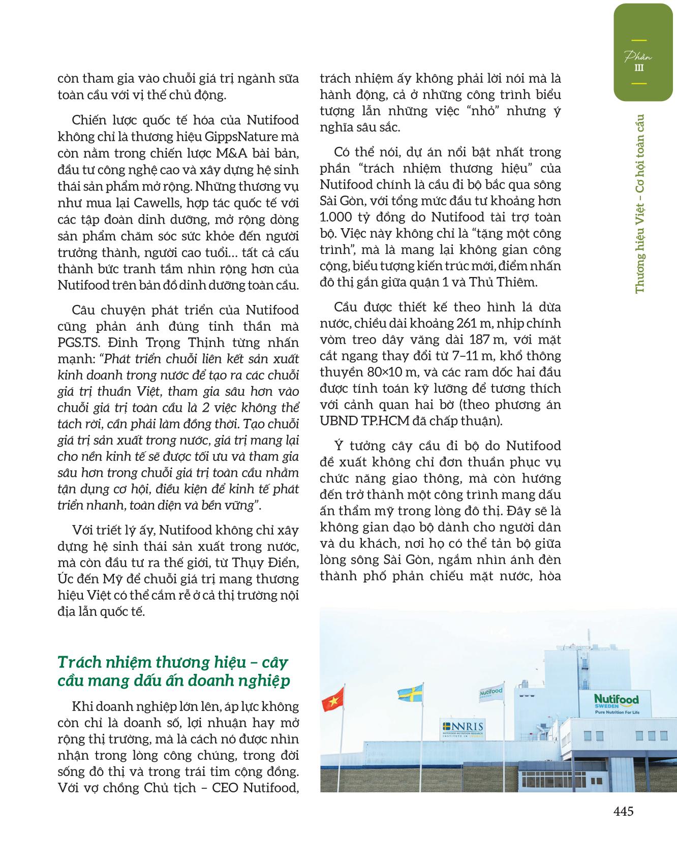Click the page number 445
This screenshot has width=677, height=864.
tap(623, 811)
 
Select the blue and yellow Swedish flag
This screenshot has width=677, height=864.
tap(410, 693)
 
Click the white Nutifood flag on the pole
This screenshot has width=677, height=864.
tap(491, 692)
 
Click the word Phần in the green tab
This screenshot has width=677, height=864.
tap(639, 56)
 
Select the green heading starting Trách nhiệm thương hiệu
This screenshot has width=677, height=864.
tap(173, 671)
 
